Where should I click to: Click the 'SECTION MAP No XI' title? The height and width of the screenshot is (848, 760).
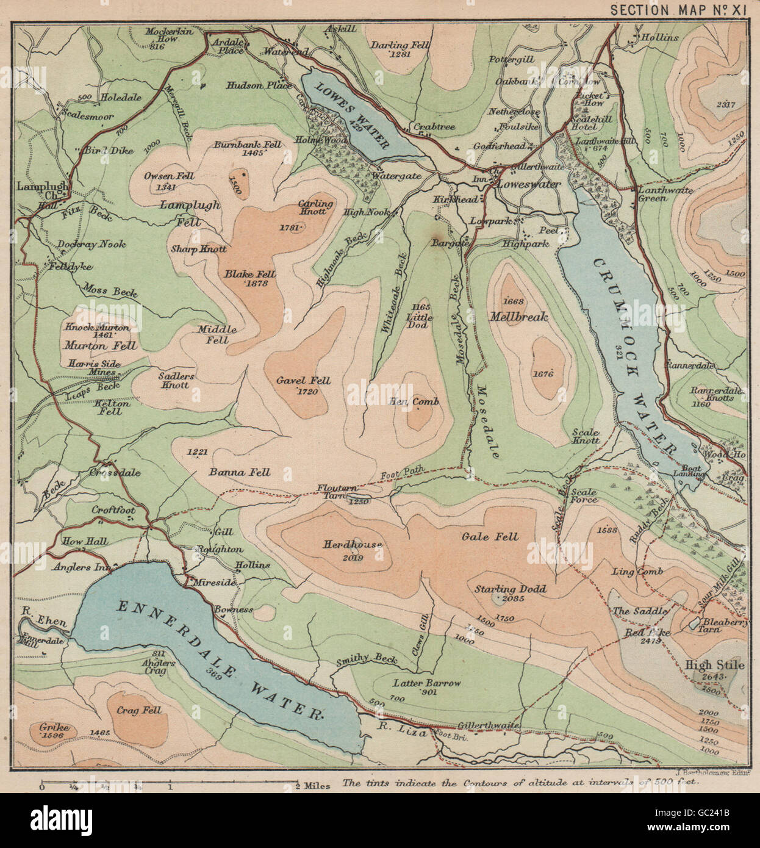[x=678, y=10]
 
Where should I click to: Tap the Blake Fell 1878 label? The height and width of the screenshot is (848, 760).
[x=249, y=278]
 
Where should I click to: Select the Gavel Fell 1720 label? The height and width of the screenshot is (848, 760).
[x=303, y=385]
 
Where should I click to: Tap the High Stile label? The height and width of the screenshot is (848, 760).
[x=714, y=665]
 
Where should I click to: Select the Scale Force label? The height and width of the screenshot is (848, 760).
[x=583, y=496]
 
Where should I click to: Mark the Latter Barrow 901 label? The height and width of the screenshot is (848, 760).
[x=426, y=686]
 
